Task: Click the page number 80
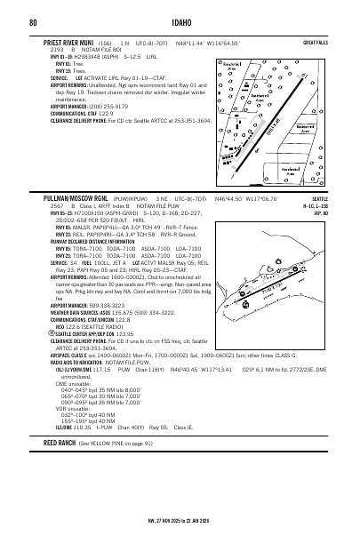pyautogui.click(x=32, y=20)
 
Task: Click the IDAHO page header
pyautogui.click(x=180, y=20)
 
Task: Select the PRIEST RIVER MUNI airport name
pyautogui.click(x=68, y=41)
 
